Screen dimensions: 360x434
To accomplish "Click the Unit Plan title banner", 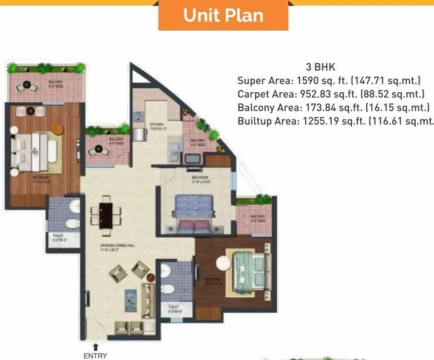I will pos(223,16).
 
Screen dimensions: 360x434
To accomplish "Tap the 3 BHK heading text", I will pos(320,67).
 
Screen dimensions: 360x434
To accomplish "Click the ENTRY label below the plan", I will pos(95,356).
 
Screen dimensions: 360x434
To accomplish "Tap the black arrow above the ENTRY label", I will pos(95,347).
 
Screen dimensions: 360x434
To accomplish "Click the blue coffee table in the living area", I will pos(131,299).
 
